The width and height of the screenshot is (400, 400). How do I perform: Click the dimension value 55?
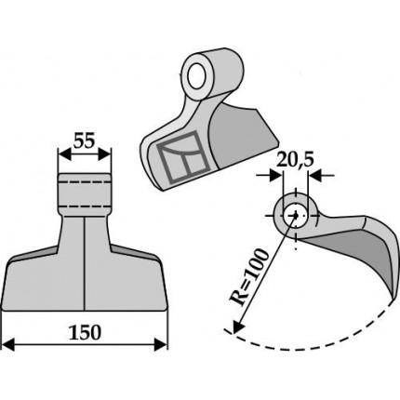point(84,141)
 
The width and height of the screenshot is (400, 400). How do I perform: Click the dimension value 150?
point(85,332)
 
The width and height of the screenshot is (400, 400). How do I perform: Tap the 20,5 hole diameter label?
point(295,160)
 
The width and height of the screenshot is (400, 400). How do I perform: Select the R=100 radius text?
point(249,276)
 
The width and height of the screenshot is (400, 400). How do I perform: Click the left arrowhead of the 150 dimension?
point(8,345)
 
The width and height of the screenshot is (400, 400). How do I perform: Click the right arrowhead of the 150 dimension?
point(161,345)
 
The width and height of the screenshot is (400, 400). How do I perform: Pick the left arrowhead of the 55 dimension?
point(64,154)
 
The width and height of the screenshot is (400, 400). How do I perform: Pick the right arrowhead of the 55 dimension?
point(104,154)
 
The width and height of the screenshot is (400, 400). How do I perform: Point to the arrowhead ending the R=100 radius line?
point(238,327)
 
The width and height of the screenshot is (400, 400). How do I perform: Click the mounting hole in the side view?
point(295,216)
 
